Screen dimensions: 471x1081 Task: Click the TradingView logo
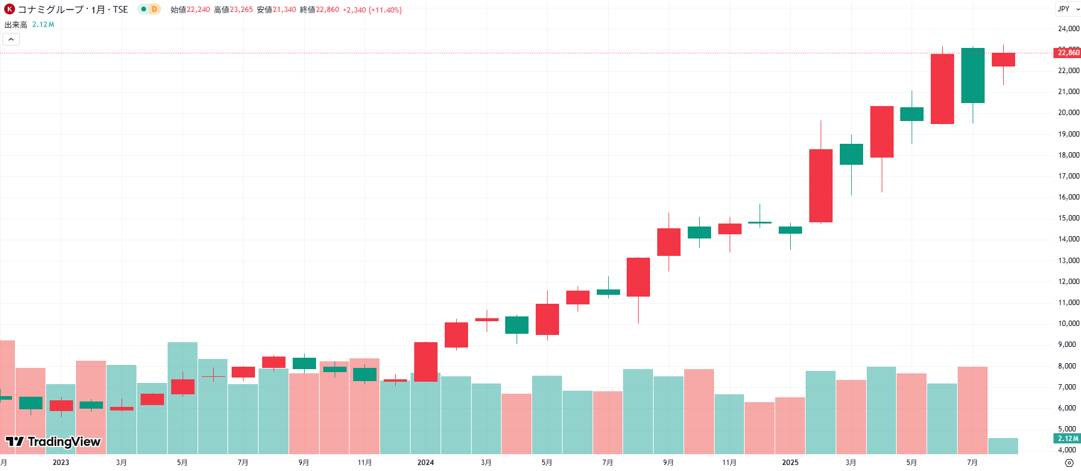point(53,442)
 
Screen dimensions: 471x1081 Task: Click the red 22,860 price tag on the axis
point(1068,53)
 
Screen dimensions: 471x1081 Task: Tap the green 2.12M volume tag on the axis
point(1067,439)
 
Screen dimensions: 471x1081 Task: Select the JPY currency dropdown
point(1067,9)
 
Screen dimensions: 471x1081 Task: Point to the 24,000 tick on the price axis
point(1068,29)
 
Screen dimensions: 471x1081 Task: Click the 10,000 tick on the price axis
point(1068,324)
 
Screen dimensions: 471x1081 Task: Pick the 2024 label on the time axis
point(426,463)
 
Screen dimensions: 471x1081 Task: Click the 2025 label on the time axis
point(790,463)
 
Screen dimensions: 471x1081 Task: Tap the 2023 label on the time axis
point(61,463)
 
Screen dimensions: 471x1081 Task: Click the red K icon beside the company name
point(10,10)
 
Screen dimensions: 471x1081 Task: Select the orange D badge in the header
point(154,10)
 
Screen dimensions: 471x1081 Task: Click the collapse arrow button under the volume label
point(11,40)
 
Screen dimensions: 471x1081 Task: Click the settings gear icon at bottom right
point(1069,463)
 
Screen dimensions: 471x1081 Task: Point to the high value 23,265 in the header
point(241,10)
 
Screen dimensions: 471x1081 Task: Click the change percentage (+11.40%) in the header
point(385,10)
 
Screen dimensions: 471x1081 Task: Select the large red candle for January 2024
point(426,361)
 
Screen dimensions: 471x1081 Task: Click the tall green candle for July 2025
point(973,76)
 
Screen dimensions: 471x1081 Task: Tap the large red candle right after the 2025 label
point(821,186)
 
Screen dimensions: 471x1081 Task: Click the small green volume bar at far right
point(1003,446)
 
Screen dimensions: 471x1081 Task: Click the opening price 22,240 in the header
point(198,10)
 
